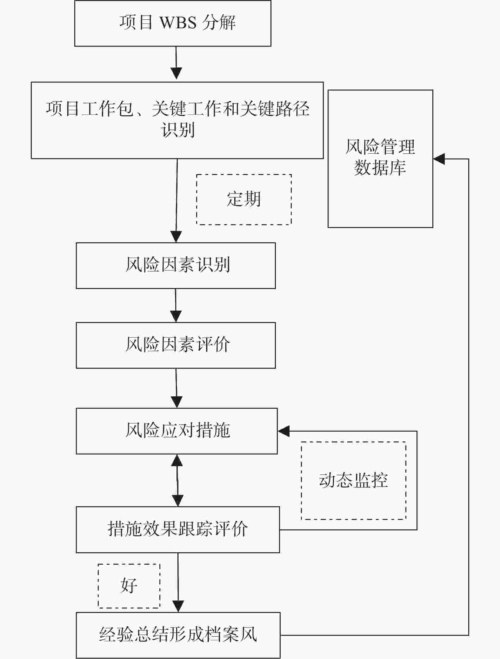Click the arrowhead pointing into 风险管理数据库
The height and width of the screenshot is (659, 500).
tap(439, 159)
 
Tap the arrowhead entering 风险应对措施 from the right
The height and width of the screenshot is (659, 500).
tap(283, 431)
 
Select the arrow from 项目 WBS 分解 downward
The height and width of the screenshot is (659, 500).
tap(176, 63)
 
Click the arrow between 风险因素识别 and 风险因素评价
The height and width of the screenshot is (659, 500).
tap(176, 306)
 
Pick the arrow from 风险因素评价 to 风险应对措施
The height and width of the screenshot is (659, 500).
tap(176, 388)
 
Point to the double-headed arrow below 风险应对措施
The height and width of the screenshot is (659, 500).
tap(177, 480)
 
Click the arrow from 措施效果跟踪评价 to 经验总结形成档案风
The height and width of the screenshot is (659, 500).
tap(178, 582)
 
